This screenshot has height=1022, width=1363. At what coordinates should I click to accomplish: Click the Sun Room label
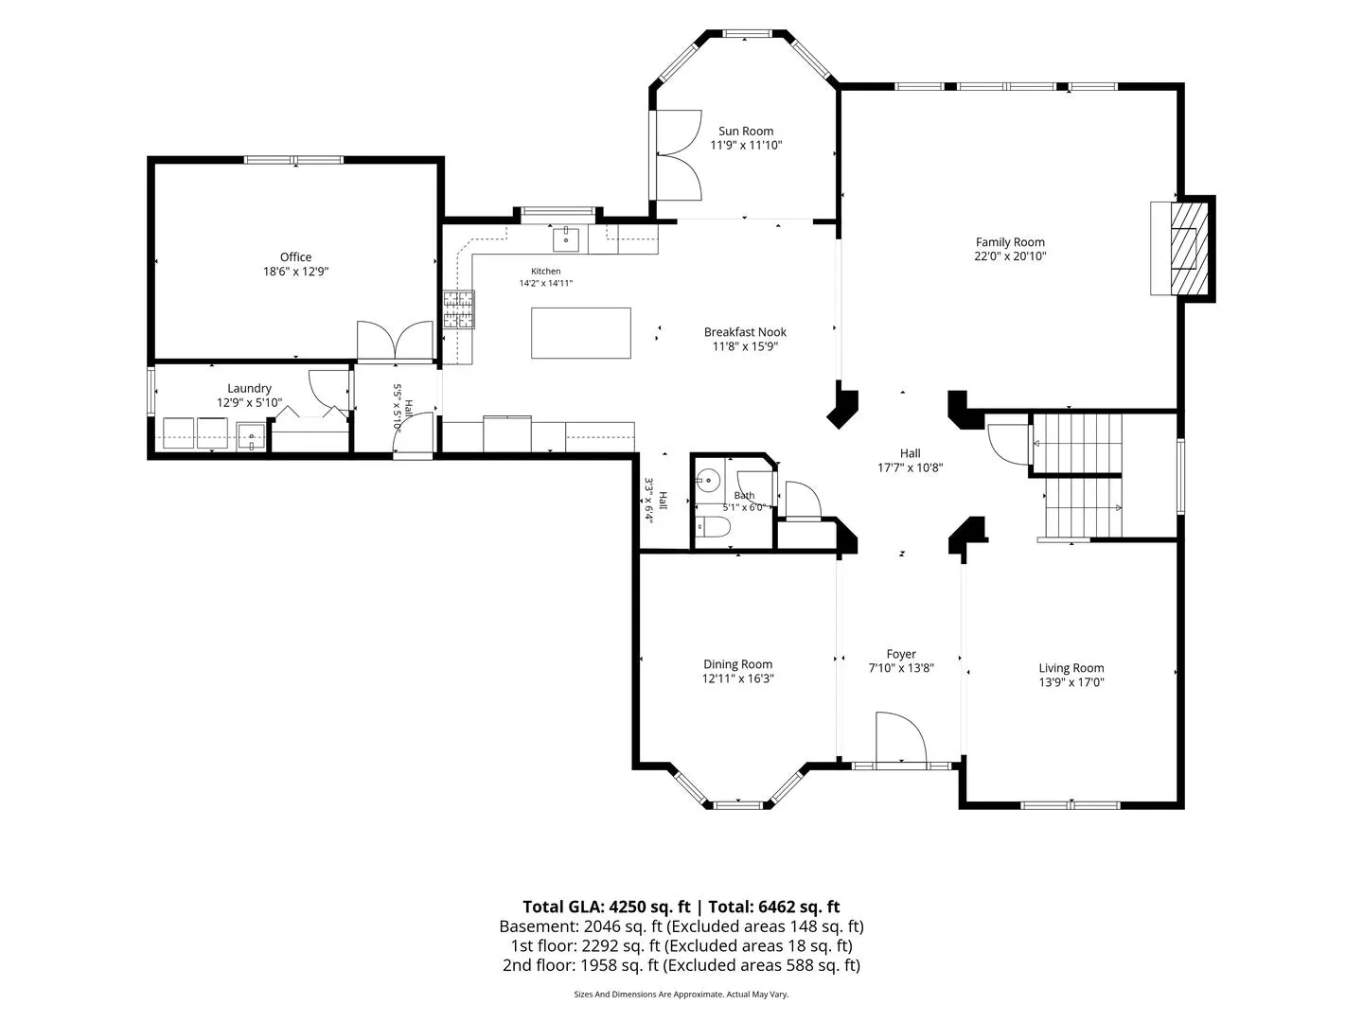pyautogui.click(x=746, y=131)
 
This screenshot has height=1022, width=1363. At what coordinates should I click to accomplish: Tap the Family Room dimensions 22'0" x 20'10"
pyautogui.click(x=1010, y=256)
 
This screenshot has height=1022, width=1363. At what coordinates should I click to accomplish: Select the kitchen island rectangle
pyautogui.click(x=580, y=333)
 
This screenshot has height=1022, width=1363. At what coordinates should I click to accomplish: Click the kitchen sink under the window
pyautogui.click(x=566, y=240)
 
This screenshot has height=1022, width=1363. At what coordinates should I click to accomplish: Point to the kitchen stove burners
pyautogui.click(x=459, y=309)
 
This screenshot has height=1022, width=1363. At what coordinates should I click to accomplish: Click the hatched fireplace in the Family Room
pyautogui.click(x=1189, y=248)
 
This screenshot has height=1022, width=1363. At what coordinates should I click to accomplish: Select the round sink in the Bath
pyautogui.click(x=707, y=480)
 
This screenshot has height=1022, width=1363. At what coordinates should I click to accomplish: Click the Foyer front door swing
pyautogui.click(x=900, y=737)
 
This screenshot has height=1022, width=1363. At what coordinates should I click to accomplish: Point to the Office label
pyautogui.click(x=295, y=256)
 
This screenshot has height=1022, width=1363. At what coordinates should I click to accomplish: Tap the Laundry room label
pyautogui.click(x=249, y=388)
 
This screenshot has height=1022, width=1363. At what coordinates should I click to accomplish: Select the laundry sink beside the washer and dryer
pyautogui.click(x=251, y=435)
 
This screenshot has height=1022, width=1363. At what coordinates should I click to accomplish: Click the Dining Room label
pyautogui.click(x=737, y=664)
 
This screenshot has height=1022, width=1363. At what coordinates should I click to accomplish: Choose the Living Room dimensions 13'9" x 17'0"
pyautogui.click(x=1071, y=682)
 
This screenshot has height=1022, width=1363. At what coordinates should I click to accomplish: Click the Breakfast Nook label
pyautogui.click(x=745, y=332)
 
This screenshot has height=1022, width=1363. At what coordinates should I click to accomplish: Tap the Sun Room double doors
pyautogui.click(x=676, y=154)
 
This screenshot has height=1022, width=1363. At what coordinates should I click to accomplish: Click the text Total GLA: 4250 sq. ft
pyautogui.click(x=606, y=907)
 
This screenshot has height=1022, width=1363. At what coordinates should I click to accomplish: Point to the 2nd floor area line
pyautogui.click(x=681, y=965)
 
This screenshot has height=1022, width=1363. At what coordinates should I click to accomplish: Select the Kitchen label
pyautogui.click(x=546, y=272)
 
